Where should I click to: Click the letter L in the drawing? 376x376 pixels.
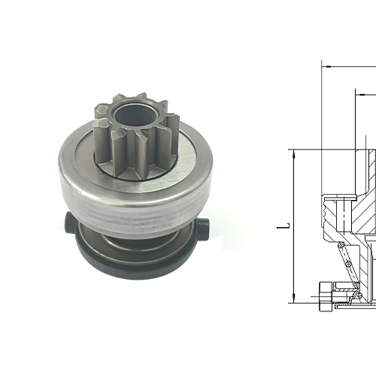click(280, 225)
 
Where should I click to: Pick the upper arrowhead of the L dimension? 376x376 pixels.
click(292, 154)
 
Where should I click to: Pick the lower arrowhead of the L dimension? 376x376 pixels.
click(292, 298)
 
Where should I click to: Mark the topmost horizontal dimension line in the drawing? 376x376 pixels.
click(350, 65)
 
